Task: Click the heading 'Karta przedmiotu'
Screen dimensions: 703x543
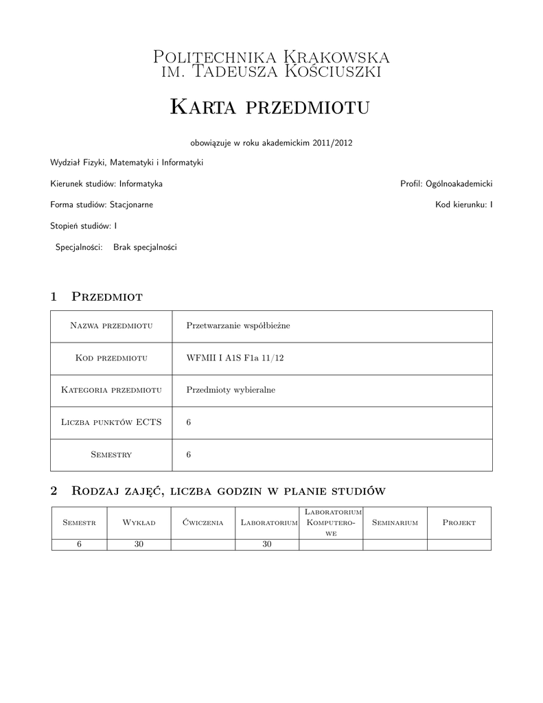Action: click(x=270, y=107)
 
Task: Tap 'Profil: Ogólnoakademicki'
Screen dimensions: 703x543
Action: click(x=446, y=184)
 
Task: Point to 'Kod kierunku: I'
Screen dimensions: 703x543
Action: click(x=463, y=205)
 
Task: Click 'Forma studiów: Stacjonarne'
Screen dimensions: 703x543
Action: click(x=102, y=205)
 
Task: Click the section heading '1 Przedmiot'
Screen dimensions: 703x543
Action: click(x=96, y=297)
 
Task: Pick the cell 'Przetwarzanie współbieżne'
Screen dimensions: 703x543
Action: click(x=238, y=325)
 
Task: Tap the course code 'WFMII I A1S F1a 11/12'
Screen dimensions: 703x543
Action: click(x=235, y=358)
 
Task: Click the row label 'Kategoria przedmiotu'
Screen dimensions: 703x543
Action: click(x=111, y=390)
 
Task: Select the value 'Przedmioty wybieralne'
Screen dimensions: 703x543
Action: click(x=231, y=390)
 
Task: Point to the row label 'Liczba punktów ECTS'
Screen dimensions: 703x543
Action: click(x=111, y=422)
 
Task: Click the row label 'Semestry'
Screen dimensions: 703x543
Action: click(x=111, y=454)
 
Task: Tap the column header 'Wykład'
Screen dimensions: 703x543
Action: click(x=139, y=522)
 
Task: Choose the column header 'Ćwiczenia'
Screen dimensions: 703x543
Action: click(x=203, y=522)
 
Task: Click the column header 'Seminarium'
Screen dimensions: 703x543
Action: click(x=395, y=522)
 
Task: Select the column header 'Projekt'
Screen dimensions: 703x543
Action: click(x=459, y=522)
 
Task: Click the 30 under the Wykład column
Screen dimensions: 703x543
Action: click(x=139, y=544)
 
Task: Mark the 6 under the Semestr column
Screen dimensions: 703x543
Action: click(x=79, y=544)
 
